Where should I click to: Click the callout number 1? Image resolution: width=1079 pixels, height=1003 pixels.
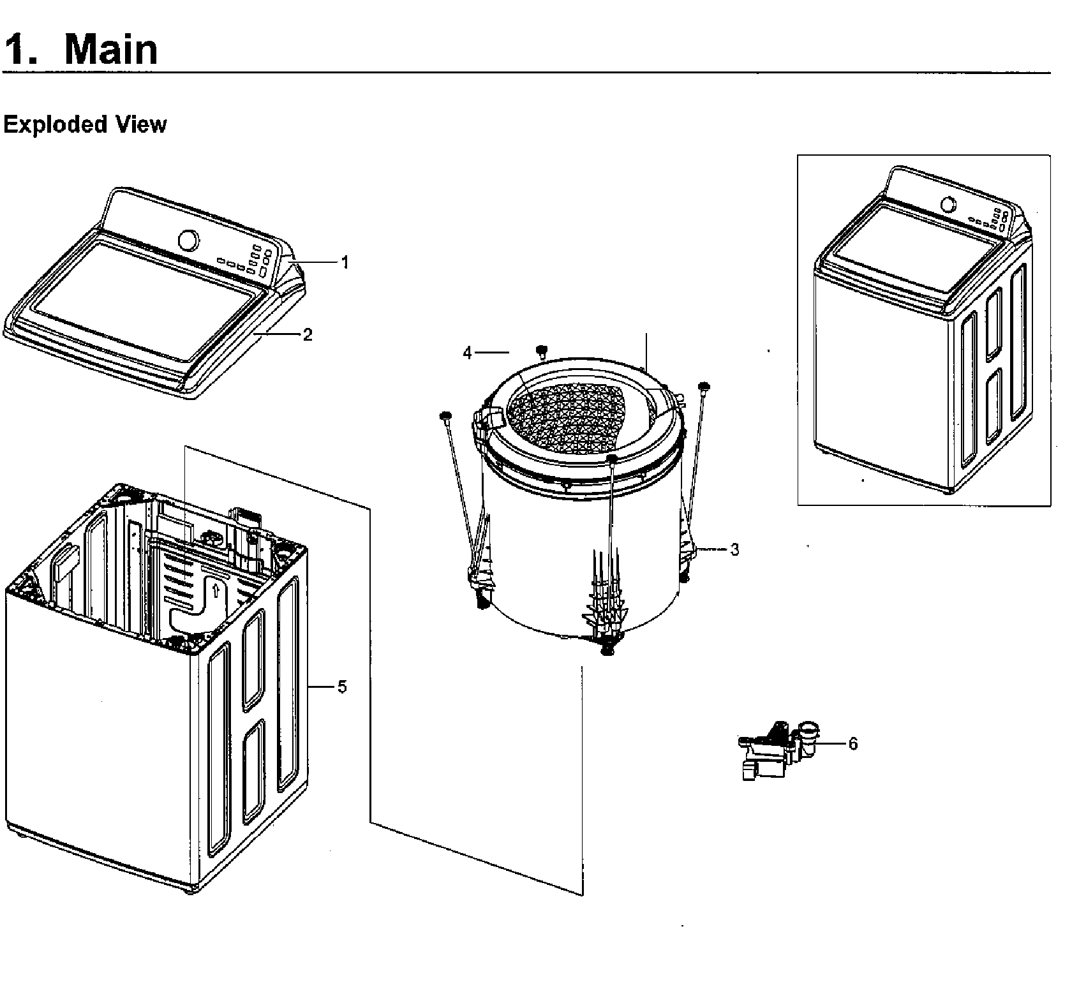tap(345, 262)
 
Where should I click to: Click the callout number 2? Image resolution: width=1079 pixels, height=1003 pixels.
tap(308, 335)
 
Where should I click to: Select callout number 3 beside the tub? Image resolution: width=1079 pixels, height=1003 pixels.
tap(734, 549)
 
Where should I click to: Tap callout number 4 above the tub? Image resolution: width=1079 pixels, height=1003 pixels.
tap(468, 352)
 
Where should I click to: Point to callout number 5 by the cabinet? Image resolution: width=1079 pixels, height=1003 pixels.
tap(342, 687)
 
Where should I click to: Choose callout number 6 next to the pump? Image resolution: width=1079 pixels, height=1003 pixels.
tap(853, 744)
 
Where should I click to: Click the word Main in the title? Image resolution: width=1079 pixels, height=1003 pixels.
tap(111, 49)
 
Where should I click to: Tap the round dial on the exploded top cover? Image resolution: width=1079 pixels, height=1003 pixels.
tap(188, 240)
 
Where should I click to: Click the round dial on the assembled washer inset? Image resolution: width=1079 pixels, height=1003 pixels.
tap(949, 204)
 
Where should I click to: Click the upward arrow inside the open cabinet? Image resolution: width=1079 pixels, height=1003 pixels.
tap(216, 590)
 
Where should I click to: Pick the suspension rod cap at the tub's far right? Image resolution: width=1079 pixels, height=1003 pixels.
tap(704, 386)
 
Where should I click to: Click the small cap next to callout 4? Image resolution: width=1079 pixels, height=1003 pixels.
tap(542, 350)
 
